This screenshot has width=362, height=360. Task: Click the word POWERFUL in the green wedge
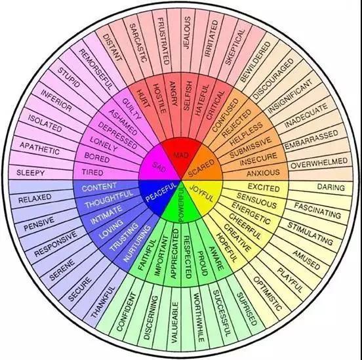coord(182,204)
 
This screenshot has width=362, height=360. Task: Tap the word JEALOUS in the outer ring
coord(187,32)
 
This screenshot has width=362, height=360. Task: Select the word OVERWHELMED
coord(319,163)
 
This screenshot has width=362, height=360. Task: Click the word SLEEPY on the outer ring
coord(30,172)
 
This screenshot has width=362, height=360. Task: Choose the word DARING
coord(331,187)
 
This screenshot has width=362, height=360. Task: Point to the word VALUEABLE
coord(174,323)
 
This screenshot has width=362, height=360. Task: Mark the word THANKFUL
coord(103,302)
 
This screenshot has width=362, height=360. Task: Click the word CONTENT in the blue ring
coord(99,188)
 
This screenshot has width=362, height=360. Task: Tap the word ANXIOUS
coord(263,173)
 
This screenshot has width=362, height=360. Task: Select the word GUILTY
coord(131,109)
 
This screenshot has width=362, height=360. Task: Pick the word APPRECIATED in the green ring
coord(174,254)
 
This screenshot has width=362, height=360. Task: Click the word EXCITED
coord(264,188)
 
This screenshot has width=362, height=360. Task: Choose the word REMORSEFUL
coord(96,70)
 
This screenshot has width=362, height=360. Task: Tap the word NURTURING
coord(136,244)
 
